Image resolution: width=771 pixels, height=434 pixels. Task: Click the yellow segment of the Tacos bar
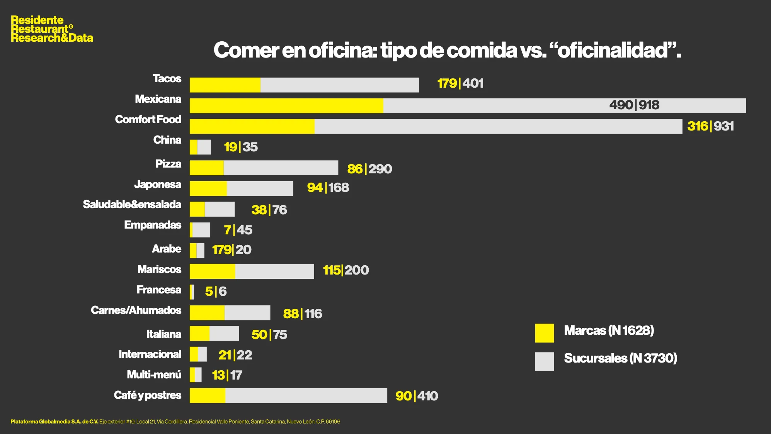pyautogui.click(x=225, y=85)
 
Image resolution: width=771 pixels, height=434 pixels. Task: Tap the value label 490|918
pyautogui.click(x=634, y=105)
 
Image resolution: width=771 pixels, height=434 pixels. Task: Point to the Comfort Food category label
pyautogui.click(x=148, y=120)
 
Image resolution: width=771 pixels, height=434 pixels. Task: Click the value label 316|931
pyautogui.click(x=710, y=126)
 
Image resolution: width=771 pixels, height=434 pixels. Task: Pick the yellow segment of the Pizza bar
pyautogui.click(x=207, y=168)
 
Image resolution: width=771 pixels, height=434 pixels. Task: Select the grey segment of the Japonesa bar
pyautogui.click(x=260, y=188)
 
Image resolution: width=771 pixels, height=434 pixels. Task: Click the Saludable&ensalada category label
pyautogui.click(x=132, y=205)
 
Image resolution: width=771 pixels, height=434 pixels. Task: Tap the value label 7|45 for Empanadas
pyautogui.click(x=238, y=230)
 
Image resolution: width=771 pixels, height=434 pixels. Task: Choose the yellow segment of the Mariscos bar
pyautogui.click(x=212, y=271)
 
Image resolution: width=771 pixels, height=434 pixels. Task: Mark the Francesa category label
pyautogui.click(x=159, y=290)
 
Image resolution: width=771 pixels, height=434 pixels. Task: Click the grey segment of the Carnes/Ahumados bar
pyautogui.click(x=247, y=313)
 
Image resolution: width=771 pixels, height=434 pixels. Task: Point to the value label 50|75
pyautogui.click(x=269, y=334)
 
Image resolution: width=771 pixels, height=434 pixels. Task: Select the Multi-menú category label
pyautogui.click(x=154, y=375)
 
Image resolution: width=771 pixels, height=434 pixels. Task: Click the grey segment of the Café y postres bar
pyautogui.click(x=306, y=395)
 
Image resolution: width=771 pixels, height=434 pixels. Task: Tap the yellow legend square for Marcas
pyautogui.click(x=544, y=333)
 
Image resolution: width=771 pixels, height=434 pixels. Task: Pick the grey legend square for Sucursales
pyautogui.click(x=544, y=361)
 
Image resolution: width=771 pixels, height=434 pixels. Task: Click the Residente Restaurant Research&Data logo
pyautogui.click(x=52, y=29)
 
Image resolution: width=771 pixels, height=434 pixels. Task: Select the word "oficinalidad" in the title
pyautogui.click(x=613, y=51)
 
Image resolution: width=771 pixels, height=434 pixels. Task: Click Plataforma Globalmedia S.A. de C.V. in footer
pyautogui.click(x=54, y=422)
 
